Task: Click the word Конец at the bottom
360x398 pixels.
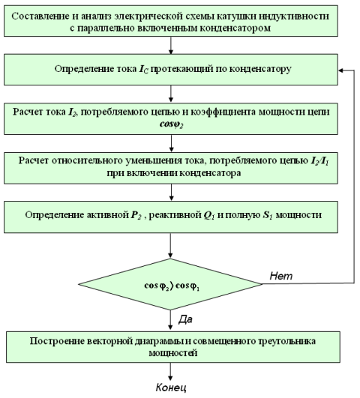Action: coord(171,388)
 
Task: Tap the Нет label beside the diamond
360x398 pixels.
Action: coord(281,276)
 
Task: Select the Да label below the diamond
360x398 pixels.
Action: coord(185,319)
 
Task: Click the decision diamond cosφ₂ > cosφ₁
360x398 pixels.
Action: coord(170,284)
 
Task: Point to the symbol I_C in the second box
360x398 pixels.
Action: coord(143,69)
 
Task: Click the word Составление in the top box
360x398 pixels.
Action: coord(40,16)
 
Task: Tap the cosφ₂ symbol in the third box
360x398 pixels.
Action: coord(171,124)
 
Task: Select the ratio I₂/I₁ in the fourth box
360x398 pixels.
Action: coord(320,161)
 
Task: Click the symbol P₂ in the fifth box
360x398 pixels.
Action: coord(136,215)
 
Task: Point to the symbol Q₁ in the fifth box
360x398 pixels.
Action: coord(209,215)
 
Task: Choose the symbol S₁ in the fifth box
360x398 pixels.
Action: coord(267,215)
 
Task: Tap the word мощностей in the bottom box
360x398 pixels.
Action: coord(173,353)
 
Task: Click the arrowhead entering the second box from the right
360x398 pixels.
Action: coord(340,70)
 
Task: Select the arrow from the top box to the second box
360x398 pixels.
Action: coord(171,45)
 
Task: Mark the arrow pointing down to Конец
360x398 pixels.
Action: coord(170,371)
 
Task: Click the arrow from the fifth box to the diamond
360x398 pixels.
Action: coord(170,245)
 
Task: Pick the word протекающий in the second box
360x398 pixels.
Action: coord(181,69)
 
